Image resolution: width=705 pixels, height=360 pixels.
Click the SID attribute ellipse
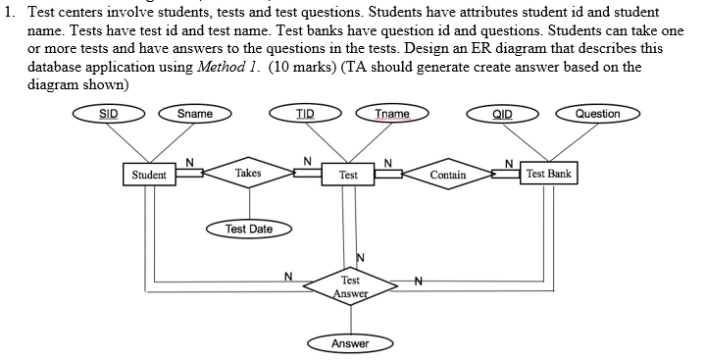[x=108, y=114]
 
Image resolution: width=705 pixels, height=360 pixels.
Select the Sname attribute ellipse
[x=194, y=114]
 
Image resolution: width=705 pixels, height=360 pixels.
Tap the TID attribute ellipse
[x=305, y=114]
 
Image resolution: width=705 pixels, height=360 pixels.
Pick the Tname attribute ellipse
[x=392, y=114]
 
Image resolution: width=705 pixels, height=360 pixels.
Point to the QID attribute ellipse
[x=502, y=114]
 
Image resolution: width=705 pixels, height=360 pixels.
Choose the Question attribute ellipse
[x=597, y=114]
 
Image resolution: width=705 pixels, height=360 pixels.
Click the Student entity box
[x=149, y=175]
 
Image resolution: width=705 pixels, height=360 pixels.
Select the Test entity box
[x=348, y=175]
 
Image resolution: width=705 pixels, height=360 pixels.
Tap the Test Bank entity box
[x=548, y=174]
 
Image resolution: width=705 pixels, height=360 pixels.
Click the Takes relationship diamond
[x=248, y=174]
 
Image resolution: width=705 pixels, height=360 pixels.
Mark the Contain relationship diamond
[x=448, y=175]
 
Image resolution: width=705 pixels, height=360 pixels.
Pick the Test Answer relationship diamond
[x=350, y=286]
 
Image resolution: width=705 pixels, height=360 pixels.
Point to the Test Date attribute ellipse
[x=249, y=230]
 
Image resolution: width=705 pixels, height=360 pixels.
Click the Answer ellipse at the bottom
[x=350, y=343]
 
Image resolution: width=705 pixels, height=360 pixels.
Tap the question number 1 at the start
[x=8, y=11]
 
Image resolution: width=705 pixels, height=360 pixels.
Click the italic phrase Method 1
[x=225, y=67]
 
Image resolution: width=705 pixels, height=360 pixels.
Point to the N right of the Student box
[x=190, y=161]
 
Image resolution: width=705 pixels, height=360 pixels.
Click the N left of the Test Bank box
[x=508, y=161]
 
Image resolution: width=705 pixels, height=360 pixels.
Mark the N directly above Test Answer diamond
[x=360, y=257]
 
